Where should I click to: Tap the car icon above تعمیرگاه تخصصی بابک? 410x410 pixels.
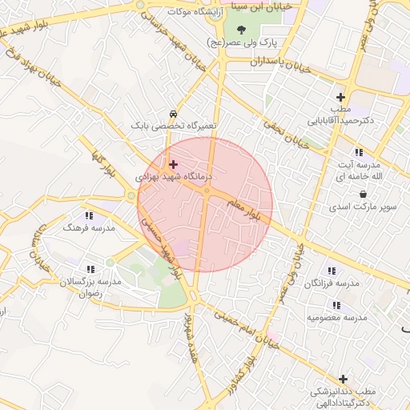(174, 115)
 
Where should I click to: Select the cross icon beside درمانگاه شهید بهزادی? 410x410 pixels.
(173, 164)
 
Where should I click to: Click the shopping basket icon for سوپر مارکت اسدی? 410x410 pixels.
(364, 195)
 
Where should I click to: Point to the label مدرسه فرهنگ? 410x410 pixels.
(89, 228)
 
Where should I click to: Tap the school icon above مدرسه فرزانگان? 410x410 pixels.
(332, 271)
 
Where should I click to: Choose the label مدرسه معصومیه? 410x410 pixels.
(336, 317)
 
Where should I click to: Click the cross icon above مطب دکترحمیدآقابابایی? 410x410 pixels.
(340, 97)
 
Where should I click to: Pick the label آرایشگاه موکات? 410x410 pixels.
(195, 12)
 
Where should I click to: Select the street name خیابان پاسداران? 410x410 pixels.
(279, 60)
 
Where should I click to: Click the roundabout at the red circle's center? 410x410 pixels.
(207, 191)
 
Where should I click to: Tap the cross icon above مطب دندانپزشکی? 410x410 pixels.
(344, 378)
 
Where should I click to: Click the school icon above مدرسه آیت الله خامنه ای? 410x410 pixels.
(357, 152)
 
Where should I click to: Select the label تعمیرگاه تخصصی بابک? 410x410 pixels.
(174, 127)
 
